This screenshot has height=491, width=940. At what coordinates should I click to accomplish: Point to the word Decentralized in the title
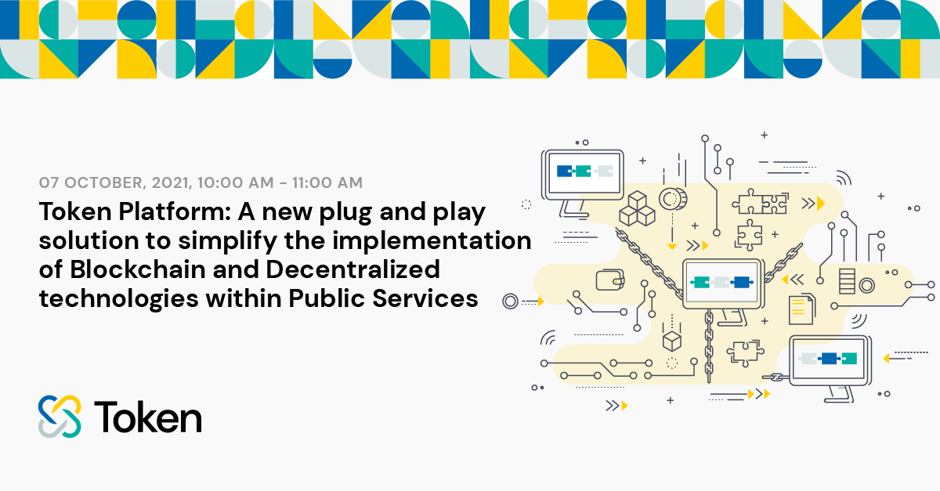tap(353, 269)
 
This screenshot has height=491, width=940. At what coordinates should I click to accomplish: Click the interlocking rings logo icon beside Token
tap(60, 417)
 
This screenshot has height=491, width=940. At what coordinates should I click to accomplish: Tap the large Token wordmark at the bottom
tap(148, 417)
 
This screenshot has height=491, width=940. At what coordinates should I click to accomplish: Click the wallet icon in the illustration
tap(610, 280)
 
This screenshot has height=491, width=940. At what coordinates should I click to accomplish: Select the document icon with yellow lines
tap(802, 309)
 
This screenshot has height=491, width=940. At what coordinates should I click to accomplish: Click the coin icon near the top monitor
tap(673, 199)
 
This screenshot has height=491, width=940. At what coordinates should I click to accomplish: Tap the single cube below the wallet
tap(671, 341)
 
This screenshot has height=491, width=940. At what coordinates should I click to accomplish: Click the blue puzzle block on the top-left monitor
tap(565, 171)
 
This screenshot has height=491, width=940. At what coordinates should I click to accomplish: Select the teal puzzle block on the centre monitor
tap(700, 283)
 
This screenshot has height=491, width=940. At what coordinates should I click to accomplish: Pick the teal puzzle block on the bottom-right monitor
tap(849, 359)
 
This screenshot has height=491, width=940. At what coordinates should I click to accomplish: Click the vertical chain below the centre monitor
tap(709, 346)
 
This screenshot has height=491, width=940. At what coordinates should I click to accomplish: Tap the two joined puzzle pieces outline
tap(761, 202)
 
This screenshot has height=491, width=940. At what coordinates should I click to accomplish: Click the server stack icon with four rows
tap(847, 281)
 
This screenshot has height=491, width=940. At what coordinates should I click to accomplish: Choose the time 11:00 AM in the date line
tap(327, 183)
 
